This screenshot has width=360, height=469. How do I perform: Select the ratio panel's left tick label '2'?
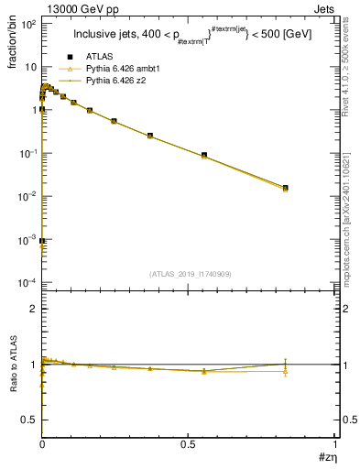(x=33, y=309)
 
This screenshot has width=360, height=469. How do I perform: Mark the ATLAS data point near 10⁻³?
(x=43, y=242)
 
